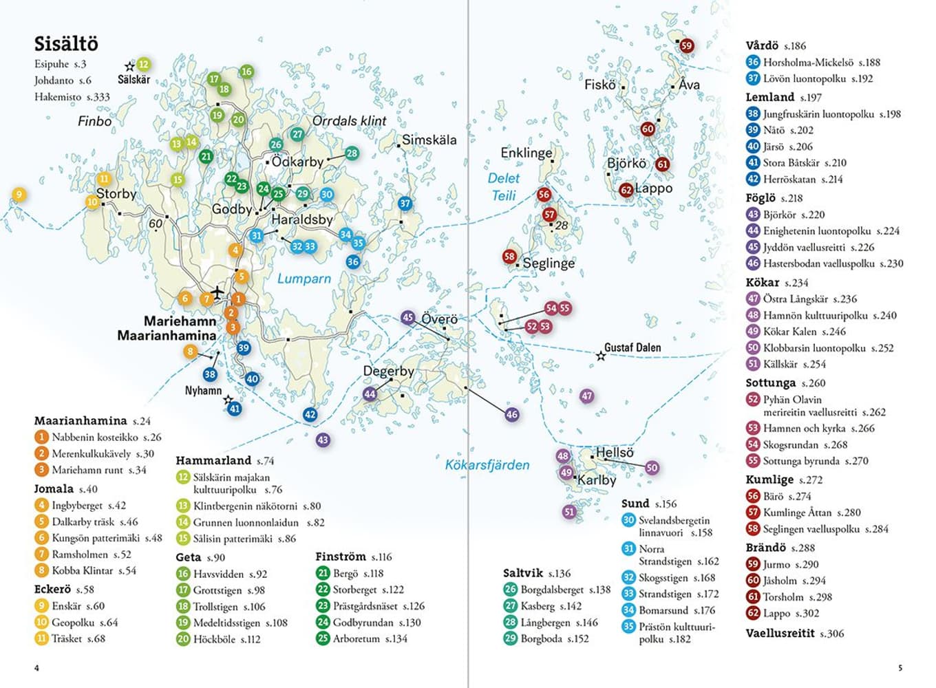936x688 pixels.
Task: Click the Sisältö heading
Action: (66, 44)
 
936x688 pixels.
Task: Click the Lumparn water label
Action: (304, 279)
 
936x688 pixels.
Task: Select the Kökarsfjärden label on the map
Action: (487, 465)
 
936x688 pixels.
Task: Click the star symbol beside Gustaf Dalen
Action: (601, 356)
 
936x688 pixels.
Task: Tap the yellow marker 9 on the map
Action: (19, 194)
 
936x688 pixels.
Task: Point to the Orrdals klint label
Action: (350, 121)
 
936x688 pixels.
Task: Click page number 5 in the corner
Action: (900, 668)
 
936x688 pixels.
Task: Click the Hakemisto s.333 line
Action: (72, 97)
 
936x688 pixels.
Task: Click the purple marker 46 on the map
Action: (512, 414)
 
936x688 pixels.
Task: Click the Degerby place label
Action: (389, 371)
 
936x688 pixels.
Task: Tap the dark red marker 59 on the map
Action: (687, 45)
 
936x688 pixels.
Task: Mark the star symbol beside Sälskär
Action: (129, 67)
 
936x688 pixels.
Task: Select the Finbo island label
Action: (95, 122)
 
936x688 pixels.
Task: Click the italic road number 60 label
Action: (156, 224)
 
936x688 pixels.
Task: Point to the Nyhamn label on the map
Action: (204, 390)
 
